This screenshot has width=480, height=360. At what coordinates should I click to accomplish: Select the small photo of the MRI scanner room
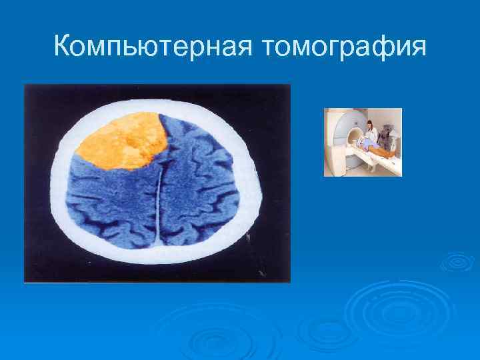tap(363, 142)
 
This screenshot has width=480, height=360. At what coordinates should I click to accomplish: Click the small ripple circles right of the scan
tap(457, 262)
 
